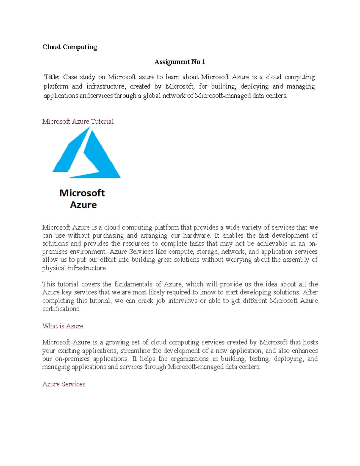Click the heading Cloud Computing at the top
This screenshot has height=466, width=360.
tap(70, 47)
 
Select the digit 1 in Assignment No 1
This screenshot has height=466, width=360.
tap(203, 62)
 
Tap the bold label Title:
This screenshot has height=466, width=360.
tap(52, 77)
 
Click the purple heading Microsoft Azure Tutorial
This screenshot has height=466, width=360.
tap(78, 122)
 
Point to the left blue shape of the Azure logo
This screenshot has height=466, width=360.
tap(71, 153)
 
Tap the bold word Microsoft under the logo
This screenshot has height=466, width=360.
tap(82, 193)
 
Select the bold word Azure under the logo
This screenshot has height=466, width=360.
tap(83, 205)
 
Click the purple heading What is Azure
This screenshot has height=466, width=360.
tap(63, 326)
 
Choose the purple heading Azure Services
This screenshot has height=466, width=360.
tap(64, 384)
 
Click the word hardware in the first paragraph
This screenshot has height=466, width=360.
tap(196, 236)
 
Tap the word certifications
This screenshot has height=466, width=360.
tap(61, 309)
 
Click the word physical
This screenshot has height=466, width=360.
tap(54, 268)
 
